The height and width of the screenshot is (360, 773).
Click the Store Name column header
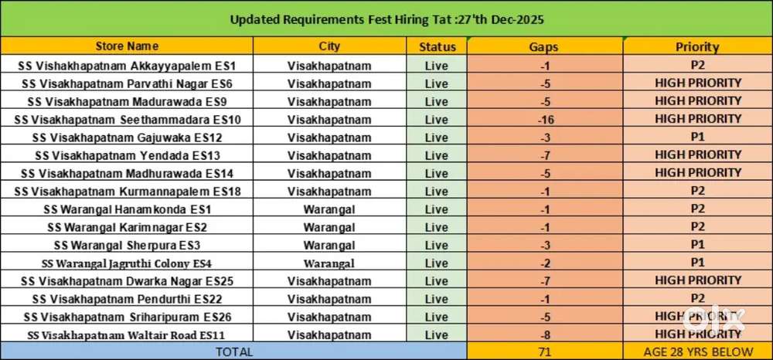(127, 46)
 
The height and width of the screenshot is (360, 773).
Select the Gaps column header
(544, 47)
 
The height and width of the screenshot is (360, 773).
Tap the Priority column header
(697, 47)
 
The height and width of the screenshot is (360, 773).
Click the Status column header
(437, 46)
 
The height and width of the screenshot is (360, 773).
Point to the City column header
(329, 46)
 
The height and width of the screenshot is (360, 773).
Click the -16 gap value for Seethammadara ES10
(544, 120)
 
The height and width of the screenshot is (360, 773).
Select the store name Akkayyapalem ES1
(127, 66)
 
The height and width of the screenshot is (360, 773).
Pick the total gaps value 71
(544, 352)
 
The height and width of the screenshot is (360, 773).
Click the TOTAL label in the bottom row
(233, 352)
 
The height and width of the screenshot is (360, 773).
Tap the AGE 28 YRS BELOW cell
(697, 352)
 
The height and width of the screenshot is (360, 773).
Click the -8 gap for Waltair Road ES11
(544, 335)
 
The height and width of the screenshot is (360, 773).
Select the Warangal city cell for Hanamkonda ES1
(329, 209)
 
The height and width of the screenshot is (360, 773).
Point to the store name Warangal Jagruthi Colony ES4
(127, 263)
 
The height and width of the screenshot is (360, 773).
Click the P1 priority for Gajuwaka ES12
(697, 138)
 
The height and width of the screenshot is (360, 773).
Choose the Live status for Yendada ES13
(437, 155)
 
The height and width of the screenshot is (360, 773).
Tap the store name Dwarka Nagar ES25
(127, 281)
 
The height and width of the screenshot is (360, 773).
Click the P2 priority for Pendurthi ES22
(697, 298)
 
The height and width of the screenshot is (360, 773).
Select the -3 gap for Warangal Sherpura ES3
(544, 245)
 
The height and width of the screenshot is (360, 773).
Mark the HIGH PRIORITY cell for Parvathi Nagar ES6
(697, 83)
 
